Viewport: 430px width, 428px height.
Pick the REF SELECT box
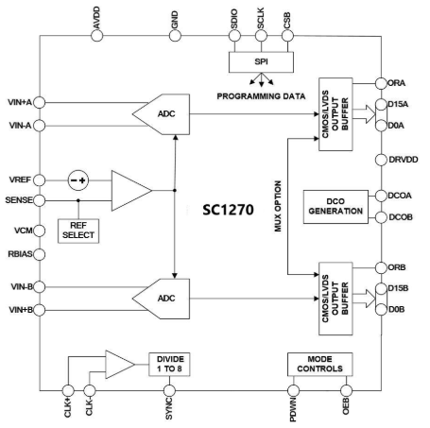pyautogui.click(x=78, y=231)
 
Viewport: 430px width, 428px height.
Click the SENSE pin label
pyautogui.click(x=20, y=201)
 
